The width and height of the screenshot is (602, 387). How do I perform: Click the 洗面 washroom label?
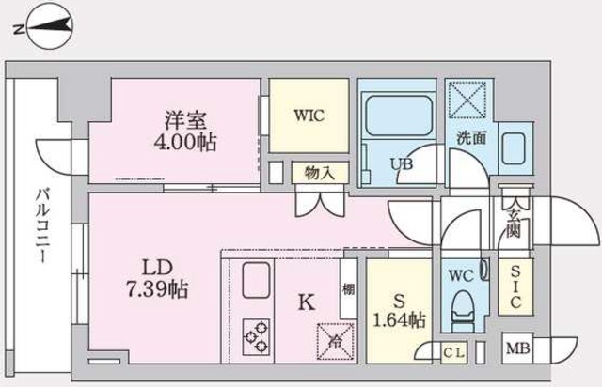click(x=471, y=138)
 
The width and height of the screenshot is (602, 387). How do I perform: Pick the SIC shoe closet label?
click(x=515, y=286)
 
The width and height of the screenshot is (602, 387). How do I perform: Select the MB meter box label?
click(x=517, y=351)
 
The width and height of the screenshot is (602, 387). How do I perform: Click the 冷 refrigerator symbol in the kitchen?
click(x=335, y=337)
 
